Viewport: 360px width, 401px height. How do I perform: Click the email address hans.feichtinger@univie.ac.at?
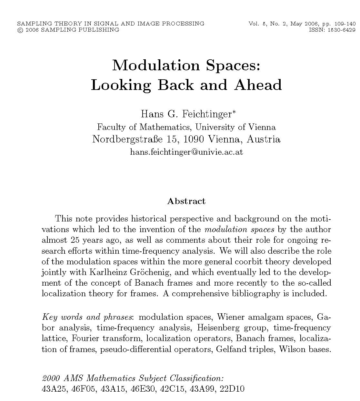186,152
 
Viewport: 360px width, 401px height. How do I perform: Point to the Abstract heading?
186,201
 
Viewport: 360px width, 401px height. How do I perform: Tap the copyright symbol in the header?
20,30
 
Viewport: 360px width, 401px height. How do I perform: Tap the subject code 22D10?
232,389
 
